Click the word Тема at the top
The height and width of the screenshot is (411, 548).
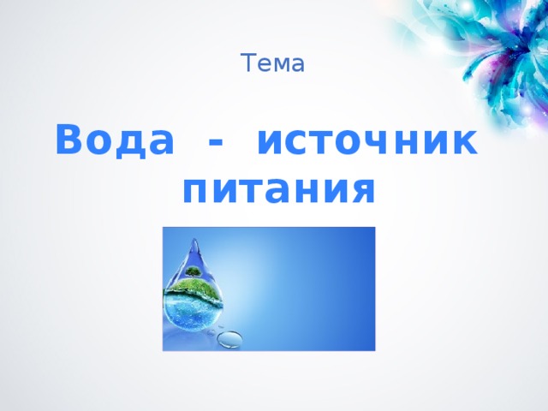pos(273,63)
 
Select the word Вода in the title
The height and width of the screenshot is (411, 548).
pos(113,140)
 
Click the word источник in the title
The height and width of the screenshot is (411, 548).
pos(366,140)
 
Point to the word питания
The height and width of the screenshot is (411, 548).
pos(279,188)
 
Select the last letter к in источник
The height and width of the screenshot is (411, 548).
pos(464,142)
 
